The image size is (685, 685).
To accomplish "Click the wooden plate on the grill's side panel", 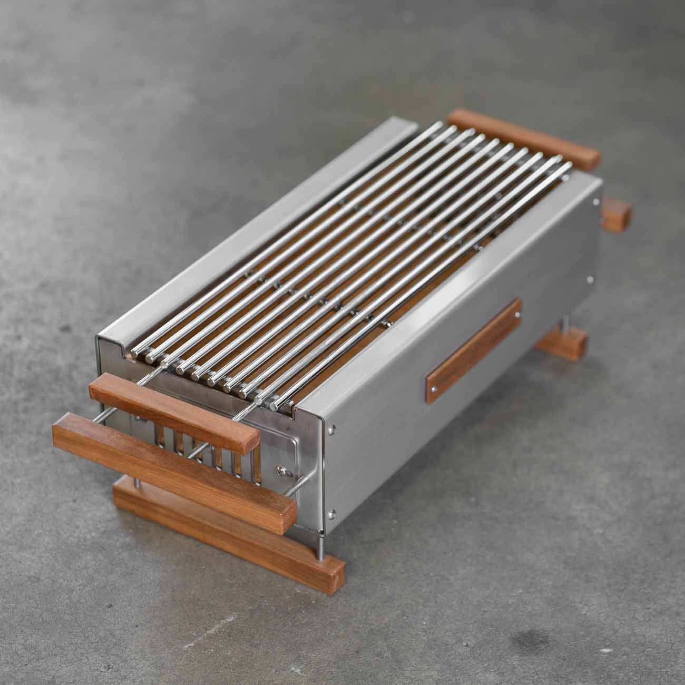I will tap(474, 351).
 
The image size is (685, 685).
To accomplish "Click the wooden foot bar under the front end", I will tap(229, 527).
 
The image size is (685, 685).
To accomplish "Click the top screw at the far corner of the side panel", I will tap(596, 201).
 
